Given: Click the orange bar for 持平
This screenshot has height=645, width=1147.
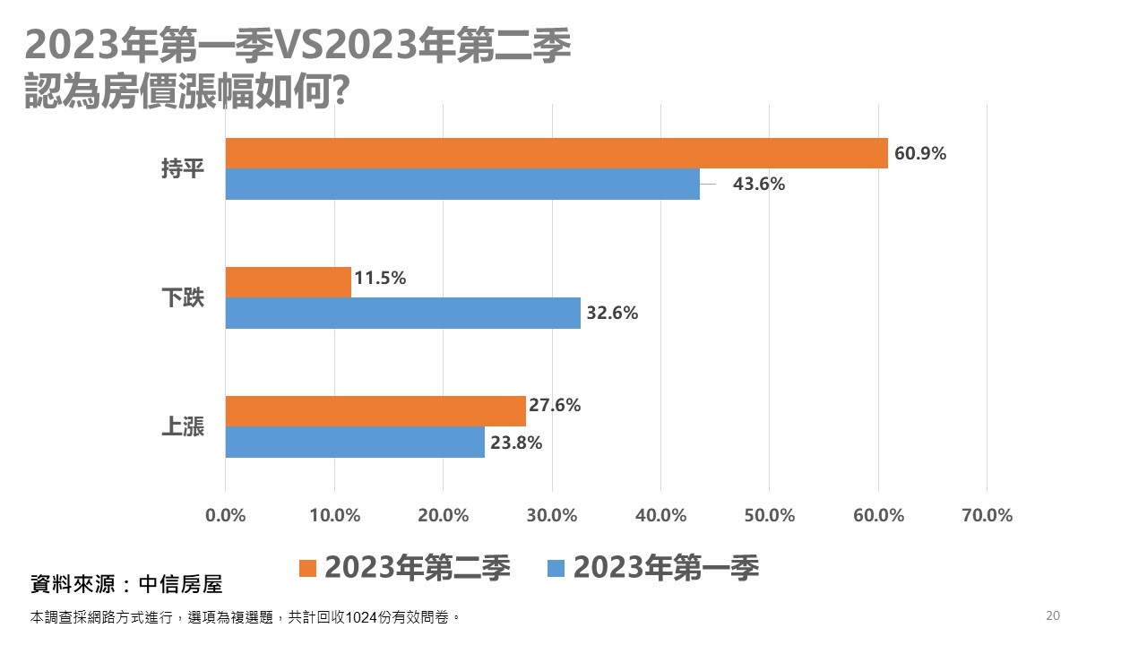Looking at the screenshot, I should pyautogui.click(x=556, y=153).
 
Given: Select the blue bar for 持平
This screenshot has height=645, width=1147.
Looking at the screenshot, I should pyautogui.click(x=461, y=184).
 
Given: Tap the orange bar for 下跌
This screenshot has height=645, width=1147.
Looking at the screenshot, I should pyautogui.click(x=288, y=282).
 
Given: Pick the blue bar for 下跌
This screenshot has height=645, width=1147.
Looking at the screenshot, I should pyautogui.click(x=402, y=314).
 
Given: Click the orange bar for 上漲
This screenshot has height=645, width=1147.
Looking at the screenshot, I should pyautogui.click(x=375, y=411).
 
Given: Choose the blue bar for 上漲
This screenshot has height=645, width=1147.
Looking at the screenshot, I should pyautogui.click(x=354, y=443).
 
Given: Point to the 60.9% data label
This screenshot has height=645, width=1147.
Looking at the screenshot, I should pyautogui.click(x=920, y=153).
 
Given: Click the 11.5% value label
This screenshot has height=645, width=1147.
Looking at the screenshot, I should pyautogui.click(x=380, y=278).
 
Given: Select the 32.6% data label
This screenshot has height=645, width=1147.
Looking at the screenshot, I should pyautogui.click(x=612, y=314).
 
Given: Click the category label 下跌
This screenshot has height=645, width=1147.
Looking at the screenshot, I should pyautogui.click(x=183, y=298).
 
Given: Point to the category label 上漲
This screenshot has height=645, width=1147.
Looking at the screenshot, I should pyautogui.click(x=183, y=427).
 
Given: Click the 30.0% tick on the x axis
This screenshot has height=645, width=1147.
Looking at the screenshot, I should pyautogui.click(x=552, y=515).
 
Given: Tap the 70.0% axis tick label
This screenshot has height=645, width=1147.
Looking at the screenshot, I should pyautogui.click(x=987, y=515).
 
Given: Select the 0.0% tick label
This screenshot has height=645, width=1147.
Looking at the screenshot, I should pyautogui.click(x=226, y=515).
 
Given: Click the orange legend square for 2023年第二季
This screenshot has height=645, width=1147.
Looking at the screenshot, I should pyautogui.click(x=308, y=568).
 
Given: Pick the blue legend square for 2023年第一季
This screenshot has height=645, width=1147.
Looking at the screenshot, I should pyautogui.click(x=556, y=568).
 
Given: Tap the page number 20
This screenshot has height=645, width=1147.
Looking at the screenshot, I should pyautogui.click(x=1053, y=615).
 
